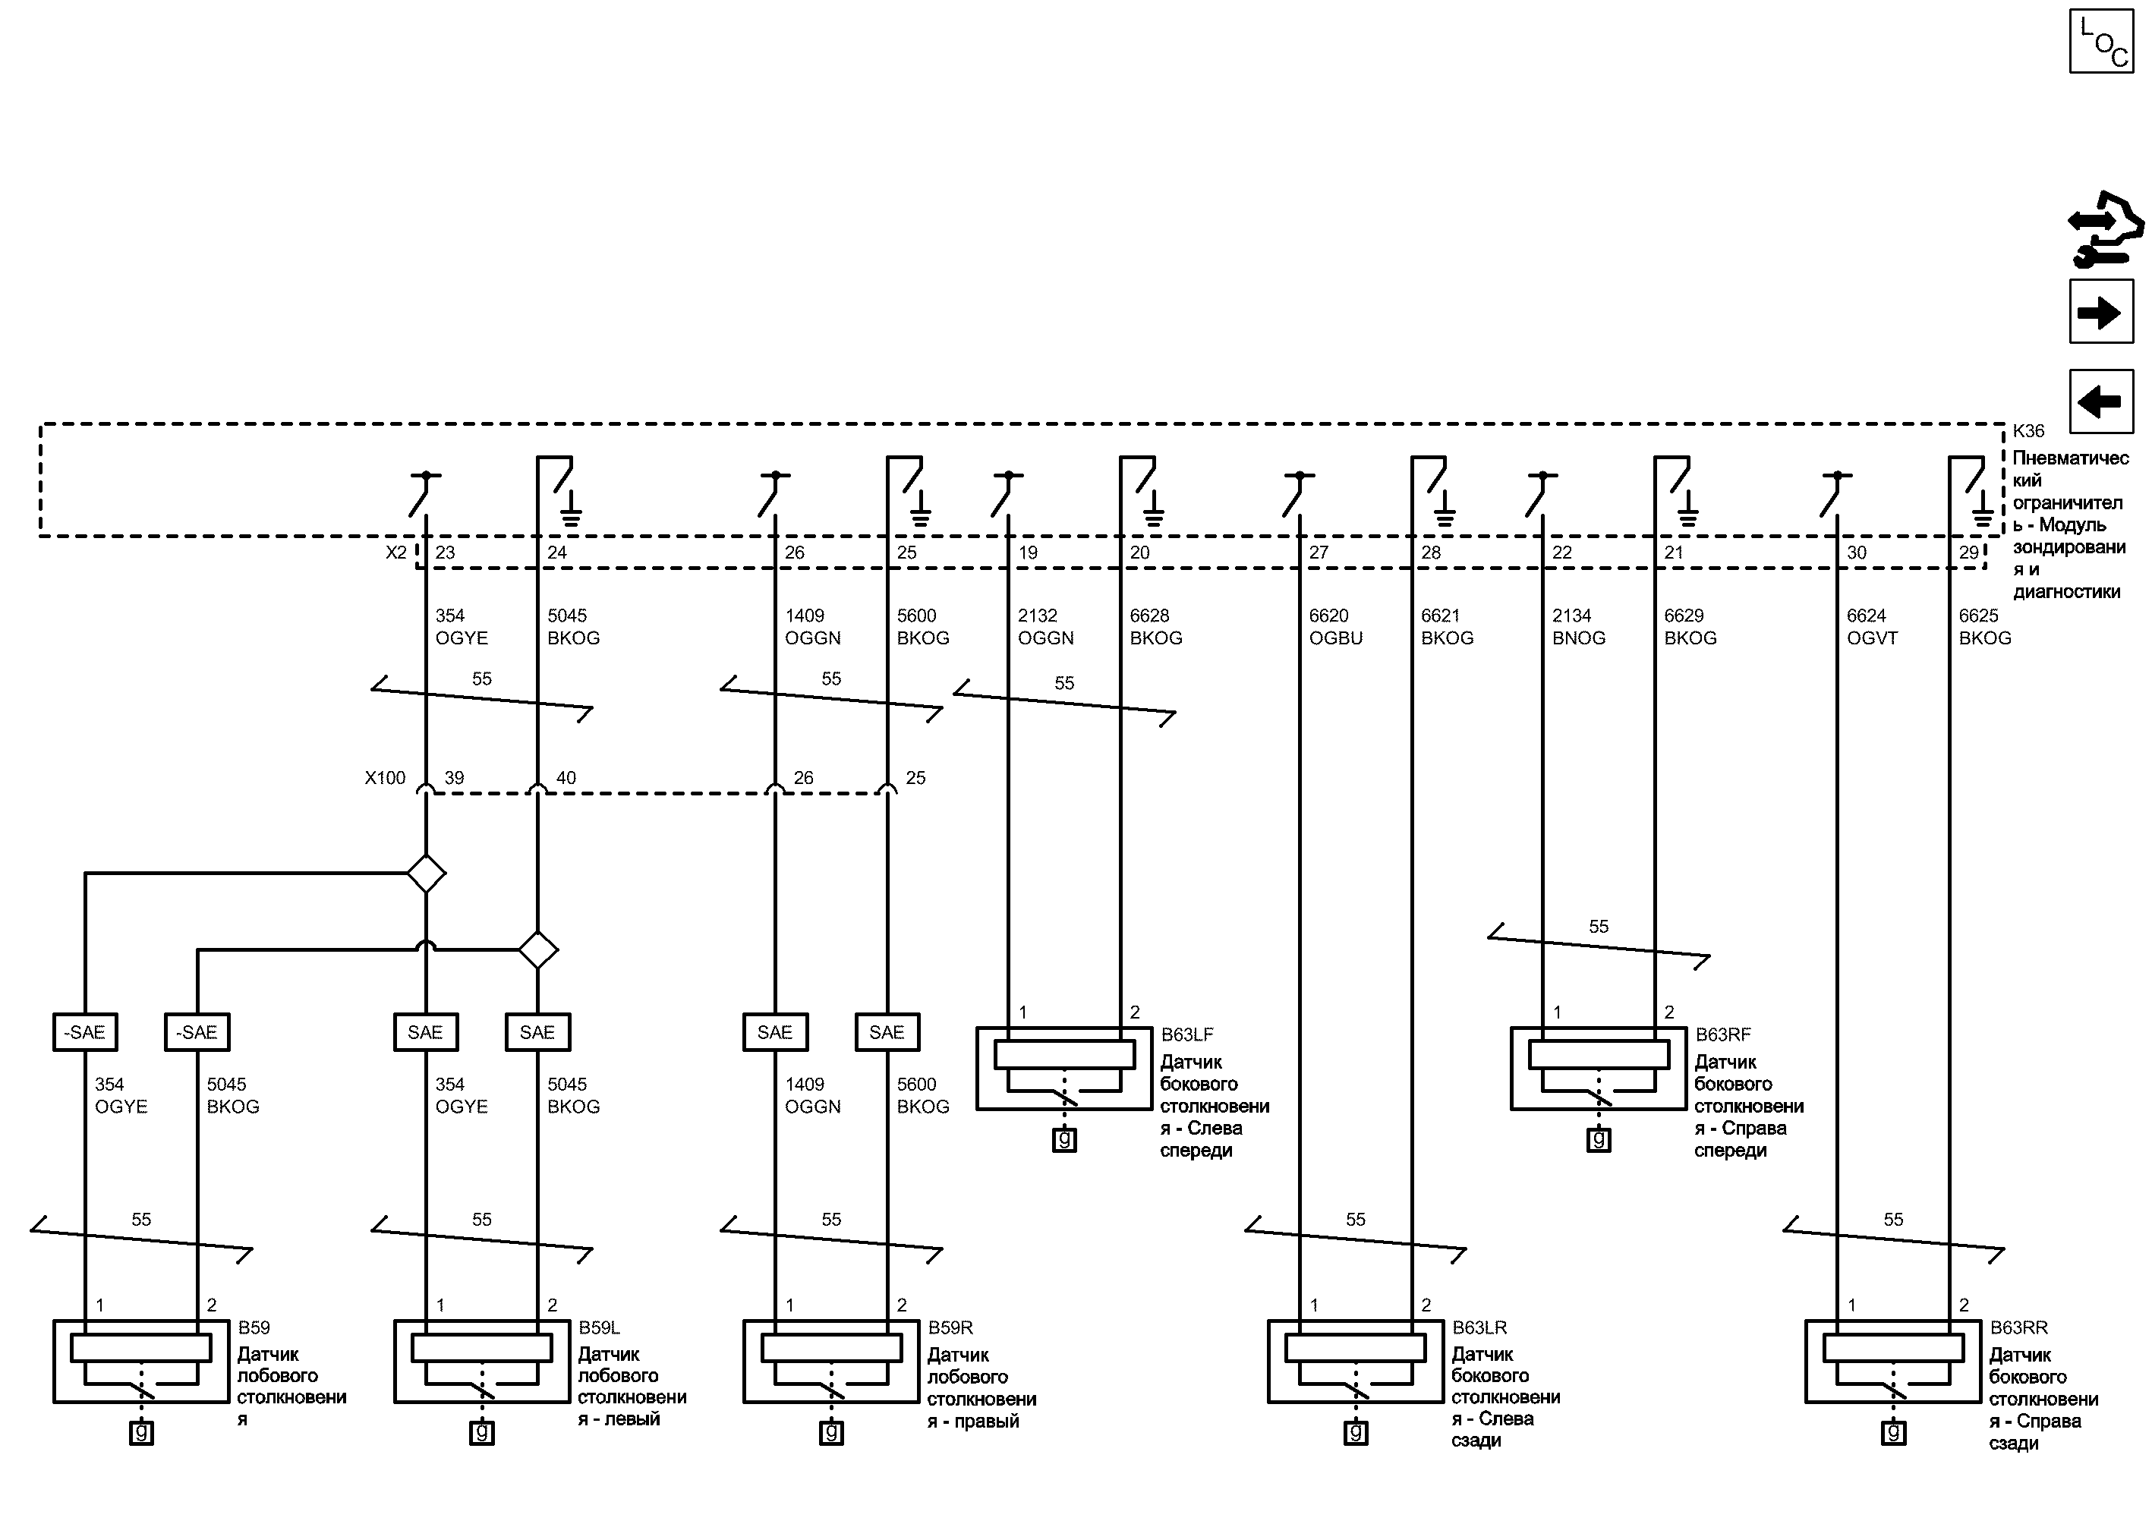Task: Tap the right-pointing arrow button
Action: (x=2101, y=312)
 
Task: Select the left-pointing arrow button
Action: (x=2101, y=401)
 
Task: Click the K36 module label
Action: (x=2028, y=432)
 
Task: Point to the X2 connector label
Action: (x=396, y=553)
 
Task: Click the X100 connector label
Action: (x=385, y=778)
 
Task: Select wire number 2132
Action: (x=1037, y=616)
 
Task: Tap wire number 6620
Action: (x=1328, y=616)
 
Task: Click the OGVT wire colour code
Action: (x=1871, y=638)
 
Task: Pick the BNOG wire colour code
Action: (x=1579, y=638)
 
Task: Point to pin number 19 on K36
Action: (x=1028, y=553)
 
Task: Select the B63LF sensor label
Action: (x=1187, y=1035)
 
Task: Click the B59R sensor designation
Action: (x=950, y=1328)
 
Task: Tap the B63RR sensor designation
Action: (x=2018, y=1328)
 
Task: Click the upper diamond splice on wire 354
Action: (x=426, y=874)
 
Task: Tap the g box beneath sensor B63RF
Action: (x=1599, y=1140)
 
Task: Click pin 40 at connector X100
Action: (x=566, y=778)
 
